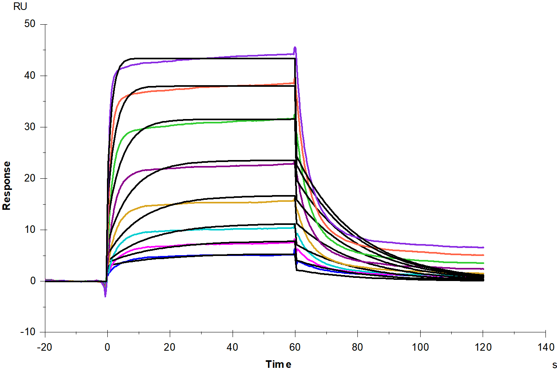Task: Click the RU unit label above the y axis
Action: click(x=20, y=6)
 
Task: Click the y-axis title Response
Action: click(x=7, y=186)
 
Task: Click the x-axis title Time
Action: click(x=278, y=364)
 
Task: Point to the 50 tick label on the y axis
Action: click(x=30, y=24)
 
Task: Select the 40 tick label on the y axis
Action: click(x=30, y=76)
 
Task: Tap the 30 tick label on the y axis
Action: click(x=30, y=127)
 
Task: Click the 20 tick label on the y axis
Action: click(x=30, y=178)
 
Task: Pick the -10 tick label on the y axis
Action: click(x=28, y=332)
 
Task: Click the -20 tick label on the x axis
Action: click(x=45, y=347)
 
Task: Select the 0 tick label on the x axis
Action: click(x=107, y=347)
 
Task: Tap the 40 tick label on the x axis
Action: click(x=233, y=347)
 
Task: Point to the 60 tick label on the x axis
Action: click(x=295, y=347)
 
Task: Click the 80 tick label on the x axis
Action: click(x=357, y=347)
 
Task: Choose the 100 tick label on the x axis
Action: click(x=420, y=347)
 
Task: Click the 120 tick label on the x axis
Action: click(x=483, y=347)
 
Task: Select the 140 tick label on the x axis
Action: click(x=546, y=347)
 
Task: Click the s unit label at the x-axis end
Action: click(x=554, y=365)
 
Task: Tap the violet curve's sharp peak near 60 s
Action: click(x=295, y=47)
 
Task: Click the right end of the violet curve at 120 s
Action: click(x=483, y=248)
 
